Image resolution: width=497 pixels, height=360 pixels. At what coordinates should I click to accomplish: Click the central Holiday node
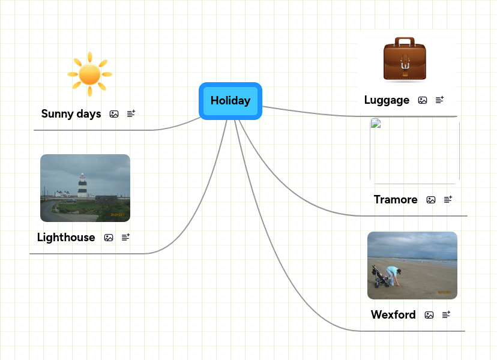pyautogui.click(x=230, y=101)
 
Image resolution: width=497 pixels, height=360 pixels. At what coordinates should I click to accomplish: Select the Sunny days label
pyautogui.click(x=71, y=114)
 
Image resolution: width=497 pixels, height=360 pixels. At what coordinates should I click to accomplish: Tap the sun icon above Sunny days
pyautogui.click(x=90, y=74)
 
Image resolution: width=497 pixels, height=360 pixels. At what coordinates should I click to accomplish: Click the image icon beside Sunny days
pyautogui.click(x=114, y=114)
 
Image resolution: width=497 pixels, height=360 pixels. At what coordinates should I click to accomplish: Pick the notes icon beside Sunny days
pyautogui.click(x=131, y=113)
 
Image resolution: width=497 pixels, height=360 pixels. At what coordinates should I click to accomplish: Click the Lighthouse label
pyautogui.click(x=66, y=238)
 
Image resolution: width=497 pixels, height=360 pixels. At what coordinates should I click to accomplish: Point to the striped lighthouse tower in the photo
pyautogui.click(x=82, y=185)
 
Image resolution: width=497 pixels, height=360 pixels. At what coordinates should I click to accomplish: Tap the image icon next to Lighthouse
pyautogui.click(x=109, y=238)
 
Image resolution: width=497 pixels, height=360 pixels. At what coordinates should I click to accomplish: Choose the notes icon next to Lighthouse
pyautogui.click(x=126, y=238)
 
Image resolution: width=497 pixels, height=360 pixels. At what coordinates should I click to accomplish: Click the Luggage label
pyautogui.click(x=387, y=100)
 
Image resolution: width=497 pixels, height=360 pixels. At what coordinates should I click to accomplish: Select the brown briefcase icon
pyautogui.click(x=405, y=59)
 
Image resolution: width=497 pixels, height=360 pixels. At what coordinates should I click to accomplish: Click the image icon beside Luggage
pyautogui.click(x=423, y=100)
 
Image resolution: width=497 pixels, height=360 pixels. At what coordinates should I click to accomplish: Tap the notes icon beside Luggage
pyautogui.click(x=440, y=100)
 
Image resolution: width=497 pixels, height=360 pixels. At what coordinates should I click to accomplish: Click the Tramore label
pyautogui.click(x=396, y=200)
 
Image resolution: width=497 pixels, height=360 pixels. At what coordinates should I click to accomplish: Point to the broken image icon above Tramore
pyautogui.click(x=376, y=124)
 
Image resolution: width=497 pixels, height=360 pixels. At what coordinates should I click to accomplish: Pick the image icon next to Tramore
pyautogui.click(x=431, y=200)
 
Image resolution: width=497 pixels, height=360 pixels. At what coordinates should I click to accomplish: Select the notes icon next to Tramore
pyautogui.click(x=448, y=199)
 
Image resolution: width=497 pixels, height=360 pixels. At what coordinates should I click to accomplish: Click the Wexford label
pyautogui.click(x=393, y=315)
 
